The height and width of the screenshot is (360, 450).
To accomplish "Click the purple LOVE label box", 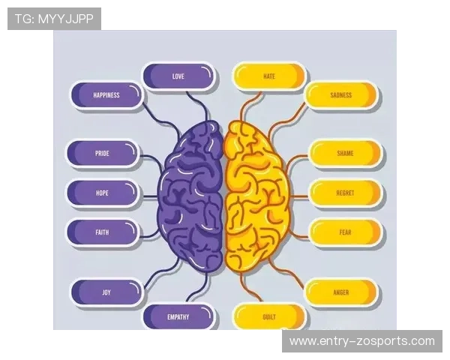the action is (x=178, y=76).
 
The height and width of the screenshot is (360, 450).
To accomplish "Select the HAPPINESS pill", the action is (x=106, y=95).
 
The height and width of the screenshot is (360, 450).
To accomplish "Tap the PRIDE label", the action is (x=103, y=153).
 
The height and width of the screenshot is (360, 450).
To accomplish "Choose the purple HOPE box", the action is (x=103, y=193).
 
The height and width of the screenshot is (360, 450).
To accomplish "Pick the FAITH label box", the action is (x=103, y=232).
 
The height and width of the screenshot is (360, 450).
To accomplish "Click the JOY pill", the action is (x=106, y=292).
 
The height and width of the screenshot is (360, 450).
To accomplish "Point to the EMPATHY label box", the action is (x=178, y=317).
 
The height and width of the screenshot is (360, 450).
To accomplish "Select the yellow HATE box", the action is (x=269, y=76).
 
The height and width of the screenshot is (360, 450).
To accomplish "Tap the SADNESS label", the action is (x=341, y=95).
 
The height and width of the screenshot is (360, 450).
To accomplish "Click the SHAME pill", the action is (x=345, y=153).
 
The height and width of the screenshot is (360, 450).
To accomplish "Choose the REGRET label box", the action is (x=345, y=193).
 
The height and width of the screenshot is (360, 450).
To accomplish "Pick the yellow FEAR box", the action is (x=345, y=232).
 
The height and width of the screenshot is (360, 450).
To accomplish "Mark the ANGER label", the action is (x=341, y=292).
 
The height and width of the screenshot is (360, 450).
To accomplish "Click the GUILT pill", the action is (x=269, y=317).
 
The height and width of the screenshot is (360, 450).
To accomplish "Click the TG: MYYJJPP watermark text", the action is (x=54, y=19).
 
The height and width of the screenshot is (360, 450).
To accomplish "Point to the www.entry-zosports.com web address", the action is (x=362, y=341).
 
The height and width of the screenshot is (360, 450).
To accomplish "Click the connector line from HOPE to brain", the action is (x=148, y=196).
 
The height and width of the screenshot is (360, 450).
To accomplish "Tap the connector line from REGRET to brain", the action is (x=299, y=196).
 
